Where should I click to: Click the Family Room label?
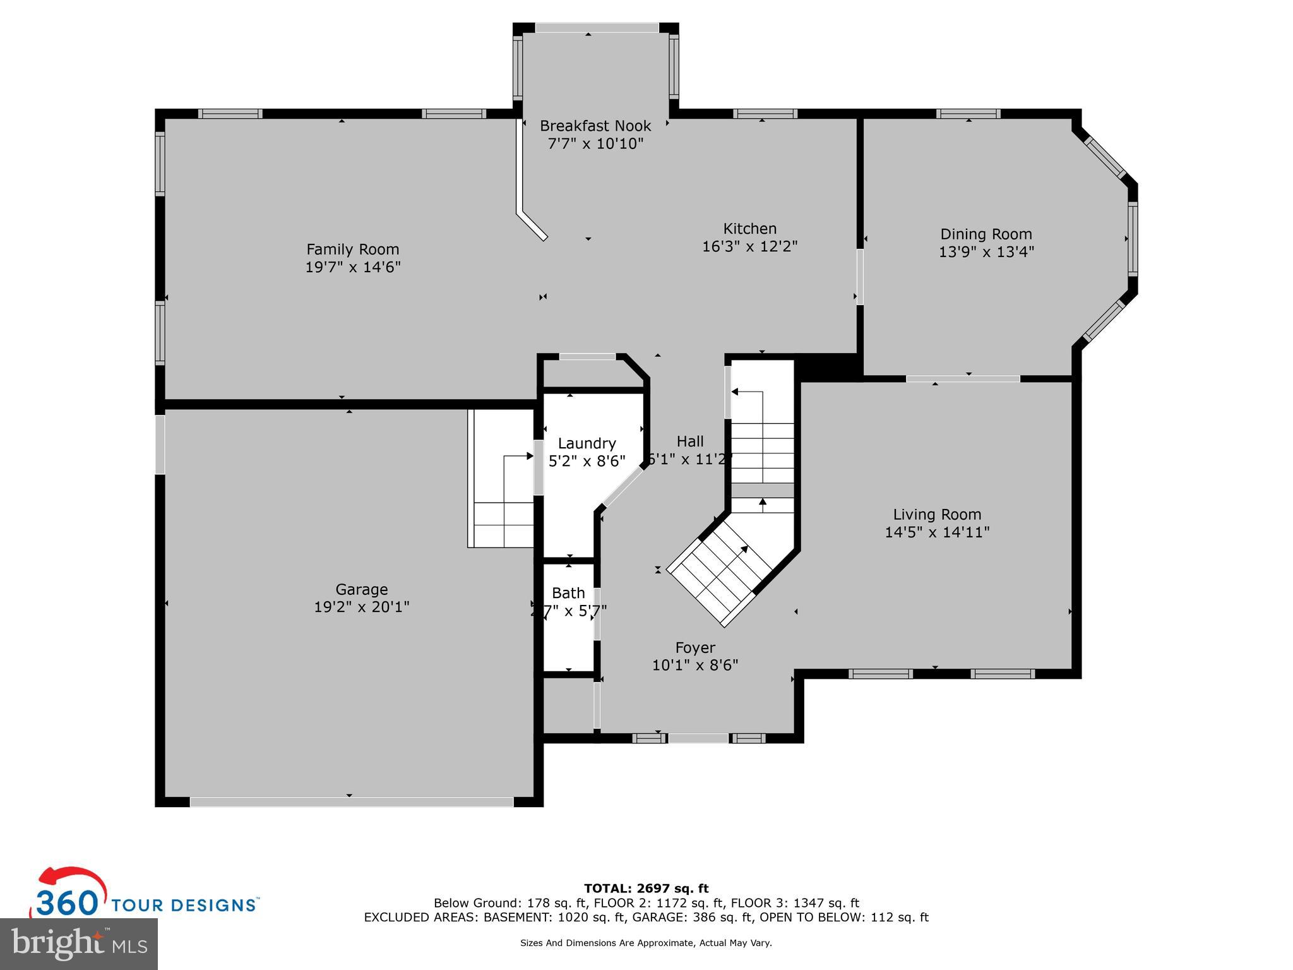[x=352, y=249]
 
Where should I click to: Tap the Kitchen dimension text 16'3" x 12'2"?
[x=749, y=246]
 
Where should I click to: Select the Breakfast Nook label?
[x=595, y=126]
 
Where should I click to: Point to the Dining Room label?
[x=986, y=234]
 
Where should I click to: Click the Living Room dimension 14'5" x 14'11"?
[x=936, y=532]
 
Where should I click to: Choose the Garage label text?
[x=361, y=589]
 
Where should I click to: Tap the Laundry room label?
[x=587, y=443]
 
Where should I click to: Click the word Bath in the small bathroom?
[x=568, y=593]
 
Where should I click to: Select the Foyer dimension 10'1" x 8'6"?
[x=694, y=665]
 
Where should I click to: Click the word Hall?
[x=689, y=441]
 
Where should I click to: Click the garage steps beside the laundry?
[x=502, y=505]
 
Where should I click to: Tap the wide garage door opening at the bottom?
[x=352, y=801]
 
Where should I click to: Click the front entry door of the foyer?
[x=698, y=738]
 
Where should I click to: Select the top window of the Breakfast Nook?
[x=597, y=28]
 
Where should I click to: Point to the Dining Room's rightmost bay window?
[x=1132, y=239]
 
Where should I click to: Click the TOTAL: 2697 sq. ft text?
[x=646, y=889]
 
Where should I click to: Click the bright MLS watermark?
[x=79, y=943]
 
